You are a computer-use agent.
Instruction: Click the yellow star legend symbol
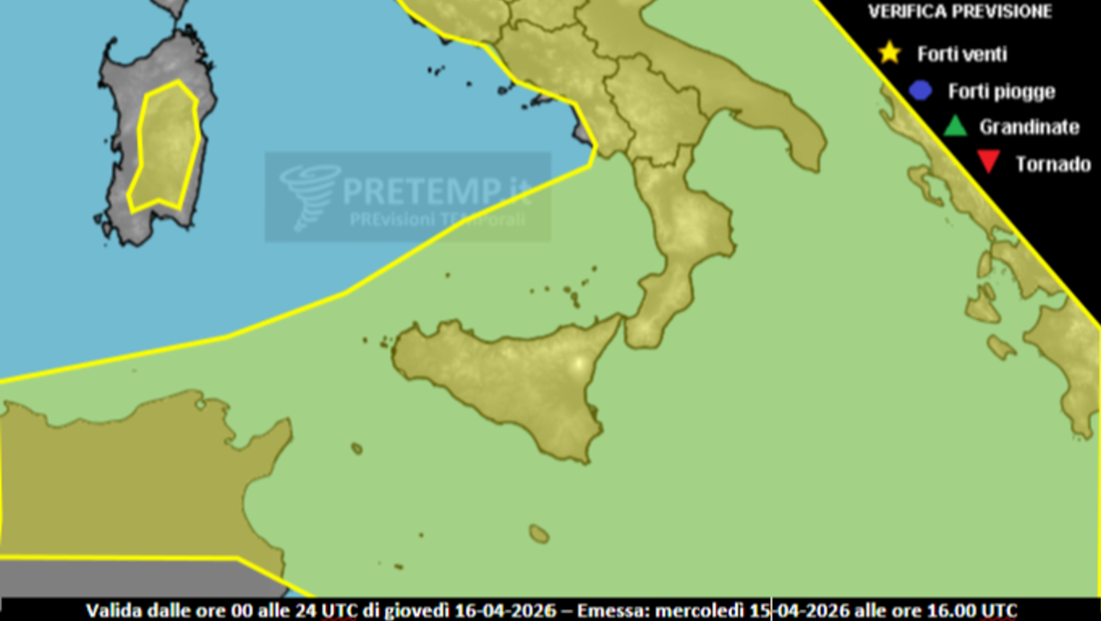[x=888, y=52]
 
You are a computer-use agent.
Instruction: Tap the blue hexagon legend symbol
[x=920, y=91]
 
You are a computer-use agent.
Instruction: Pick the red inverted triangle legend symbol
[x=987, y=164]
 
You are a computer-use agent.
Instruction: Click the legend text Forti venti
[x=962, y=54]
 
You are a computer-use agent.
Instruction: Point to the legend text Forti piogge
[x=1001, y=92]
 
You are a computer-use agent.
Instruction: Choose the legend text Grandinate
[x=1029, y=128]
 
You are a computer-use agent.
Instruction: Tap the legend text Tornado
[x=1052, y=165]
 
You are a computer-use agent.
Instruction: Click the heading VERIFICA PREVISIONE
[x=960, y=13]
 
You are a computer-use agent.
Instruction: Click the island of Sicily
[x=514, y=385]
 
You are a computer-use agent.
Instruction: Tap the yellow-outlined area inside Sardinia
[x=165, y=147]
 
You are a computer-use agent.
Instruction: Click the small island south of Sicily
[x=539, y=533]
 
